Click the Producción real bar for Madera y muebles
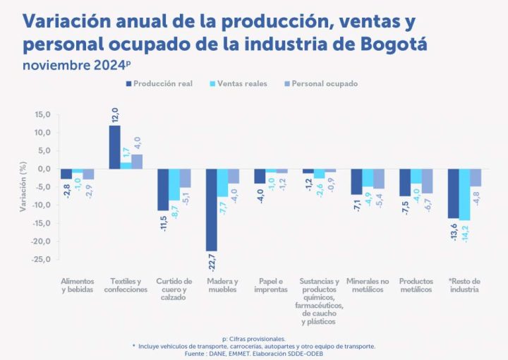[x=211, y=210]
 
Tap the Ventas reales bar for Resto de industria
[x=464, y=194]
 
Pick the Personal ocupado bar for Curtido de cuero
[x=185, y=178]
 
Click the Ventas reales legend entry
[x=241, y=84]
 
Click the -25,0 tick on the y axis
[x=42, y=259]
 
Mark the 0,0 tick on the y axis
[x=44, y=169]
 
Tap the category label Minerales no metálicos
[x=368, y=285]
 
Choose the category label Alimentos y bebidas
[x=77, y=285]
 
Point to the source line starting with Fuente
[x=254, y=353]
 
